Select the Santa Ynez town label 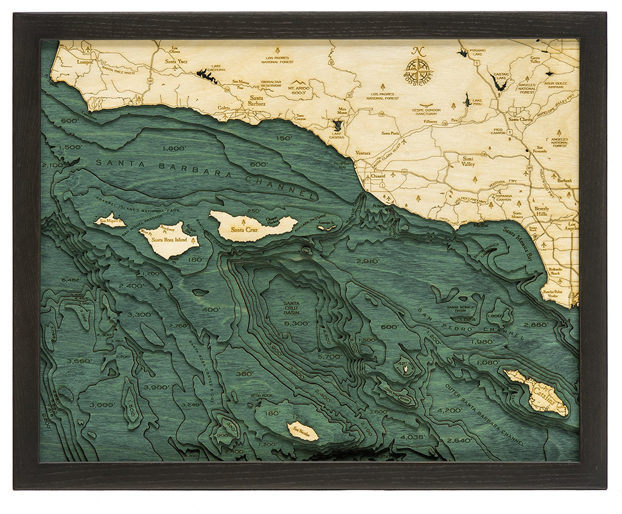point(178,62)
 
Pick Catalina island point(536,392)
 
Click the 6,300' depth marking point(296,324)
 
